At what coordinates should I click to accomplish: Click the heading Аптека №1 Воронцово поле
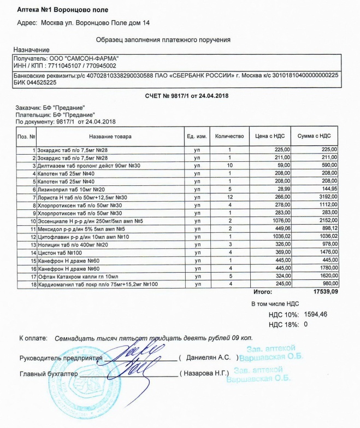(63, 10)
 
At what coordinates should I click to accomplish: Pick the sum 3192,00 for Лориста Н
(326, 197)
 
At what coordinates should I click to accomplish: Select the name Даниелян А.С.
(210, 358)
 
